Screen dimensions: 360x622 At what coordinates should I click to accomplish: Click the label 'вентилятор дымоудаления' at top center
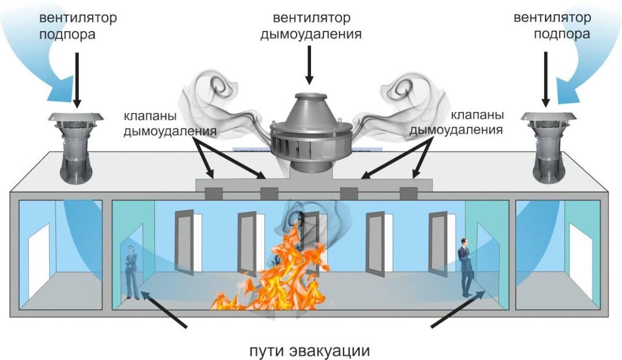[x=310, y=26]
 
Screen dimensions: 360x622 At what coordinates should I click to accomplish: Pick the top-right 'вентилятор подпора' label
[x=552, y=26]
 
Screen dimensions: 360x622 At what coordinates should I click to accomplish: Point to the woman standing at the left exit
[x=132, y=271]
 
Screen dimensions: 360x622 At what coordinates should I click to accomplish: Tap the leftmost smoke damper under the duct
[x=214, y=193]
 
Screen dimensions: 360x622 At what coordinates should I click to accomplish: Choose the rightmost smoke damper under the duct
[x=408, y=193]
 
